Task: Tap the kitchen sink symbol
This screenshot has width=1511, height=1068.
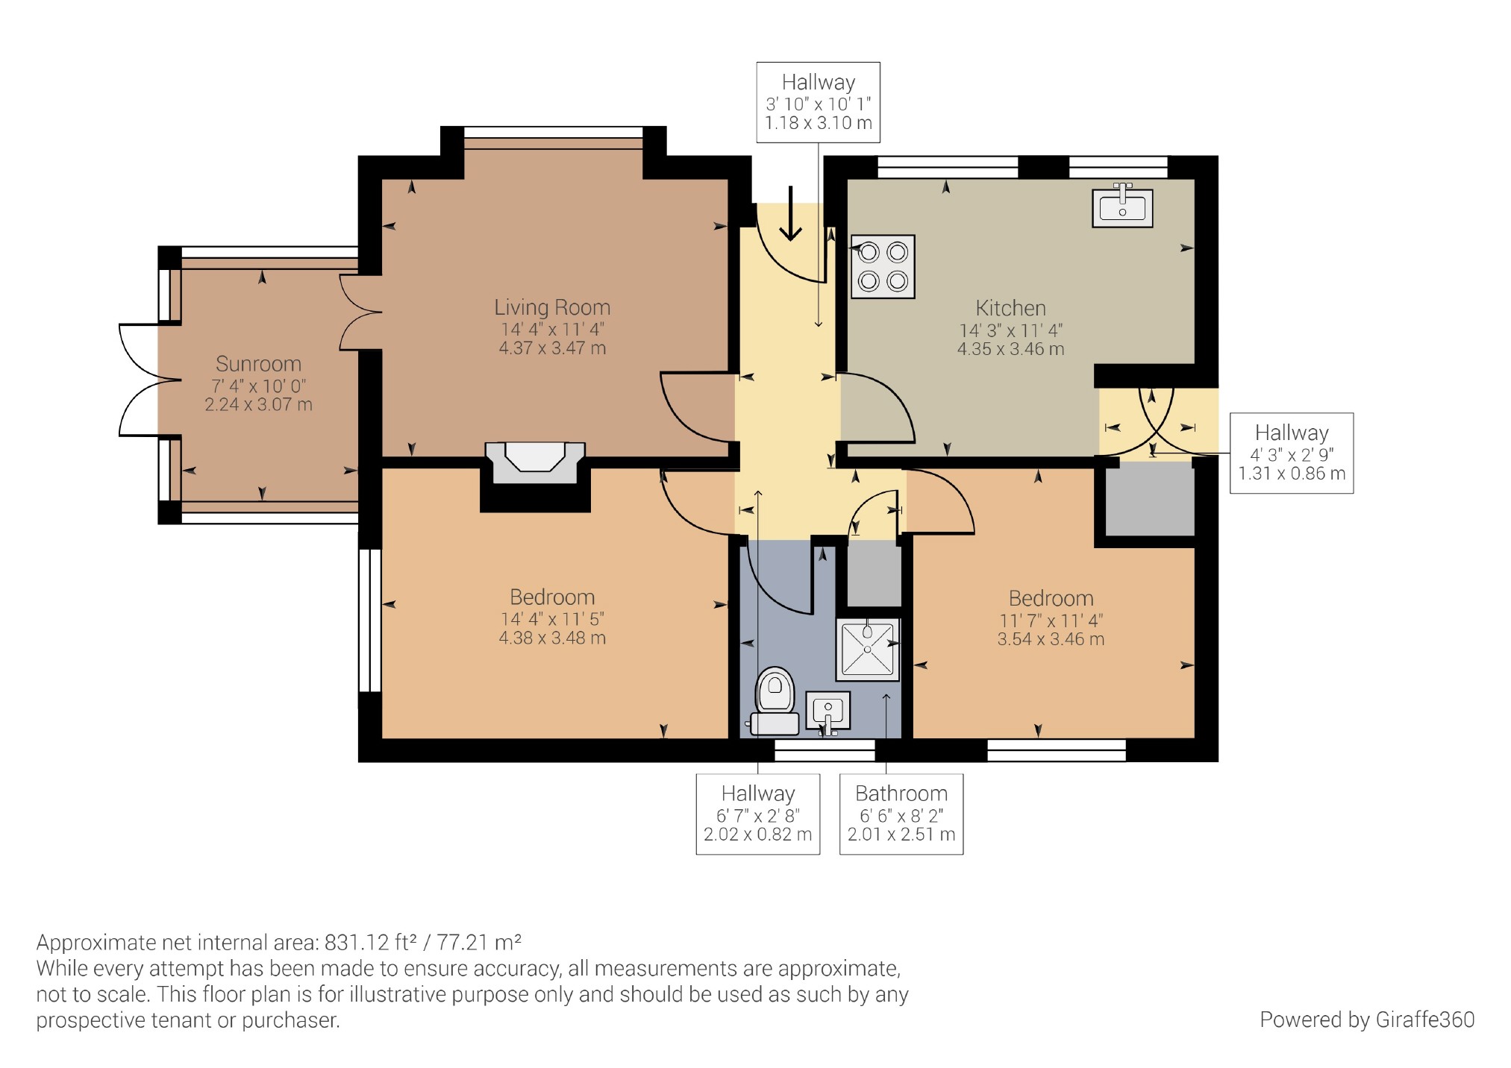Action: coord(1121,206)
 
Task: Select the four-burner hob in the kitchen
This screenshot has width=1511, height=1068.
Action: coord(883,267)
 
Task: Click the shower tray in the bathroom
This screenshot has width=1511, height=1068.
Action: coord(867,649)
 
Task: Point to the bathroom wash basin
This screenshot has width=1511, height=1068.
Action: coord(828,712)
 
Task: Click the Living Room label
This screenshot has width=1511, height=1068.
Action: coord(552,307)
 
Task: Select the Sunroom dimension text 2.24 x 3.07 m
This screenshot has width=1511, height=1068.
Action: coord(258,405)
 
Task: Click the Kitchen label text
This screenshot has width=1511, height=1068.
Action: coord(1010,308)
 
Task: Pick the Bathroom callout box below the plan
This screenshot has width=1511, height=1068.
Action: coord(901,813)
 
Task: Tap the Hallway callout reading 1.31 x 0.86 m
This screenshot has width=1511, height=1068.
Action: coord(1291,453)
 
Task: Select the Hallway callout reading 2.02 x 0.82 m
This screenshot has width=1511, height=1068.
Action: coord(757,813)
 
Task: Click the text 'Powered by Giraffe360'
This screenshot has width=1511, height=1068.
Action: coord(1366,1020)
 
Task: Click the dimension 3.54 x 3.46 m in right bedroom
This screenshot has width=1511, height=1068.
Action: coord(1051,639)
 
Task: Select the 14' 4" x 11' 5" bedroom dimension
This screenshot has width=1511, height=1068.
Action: coord(552,619)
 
